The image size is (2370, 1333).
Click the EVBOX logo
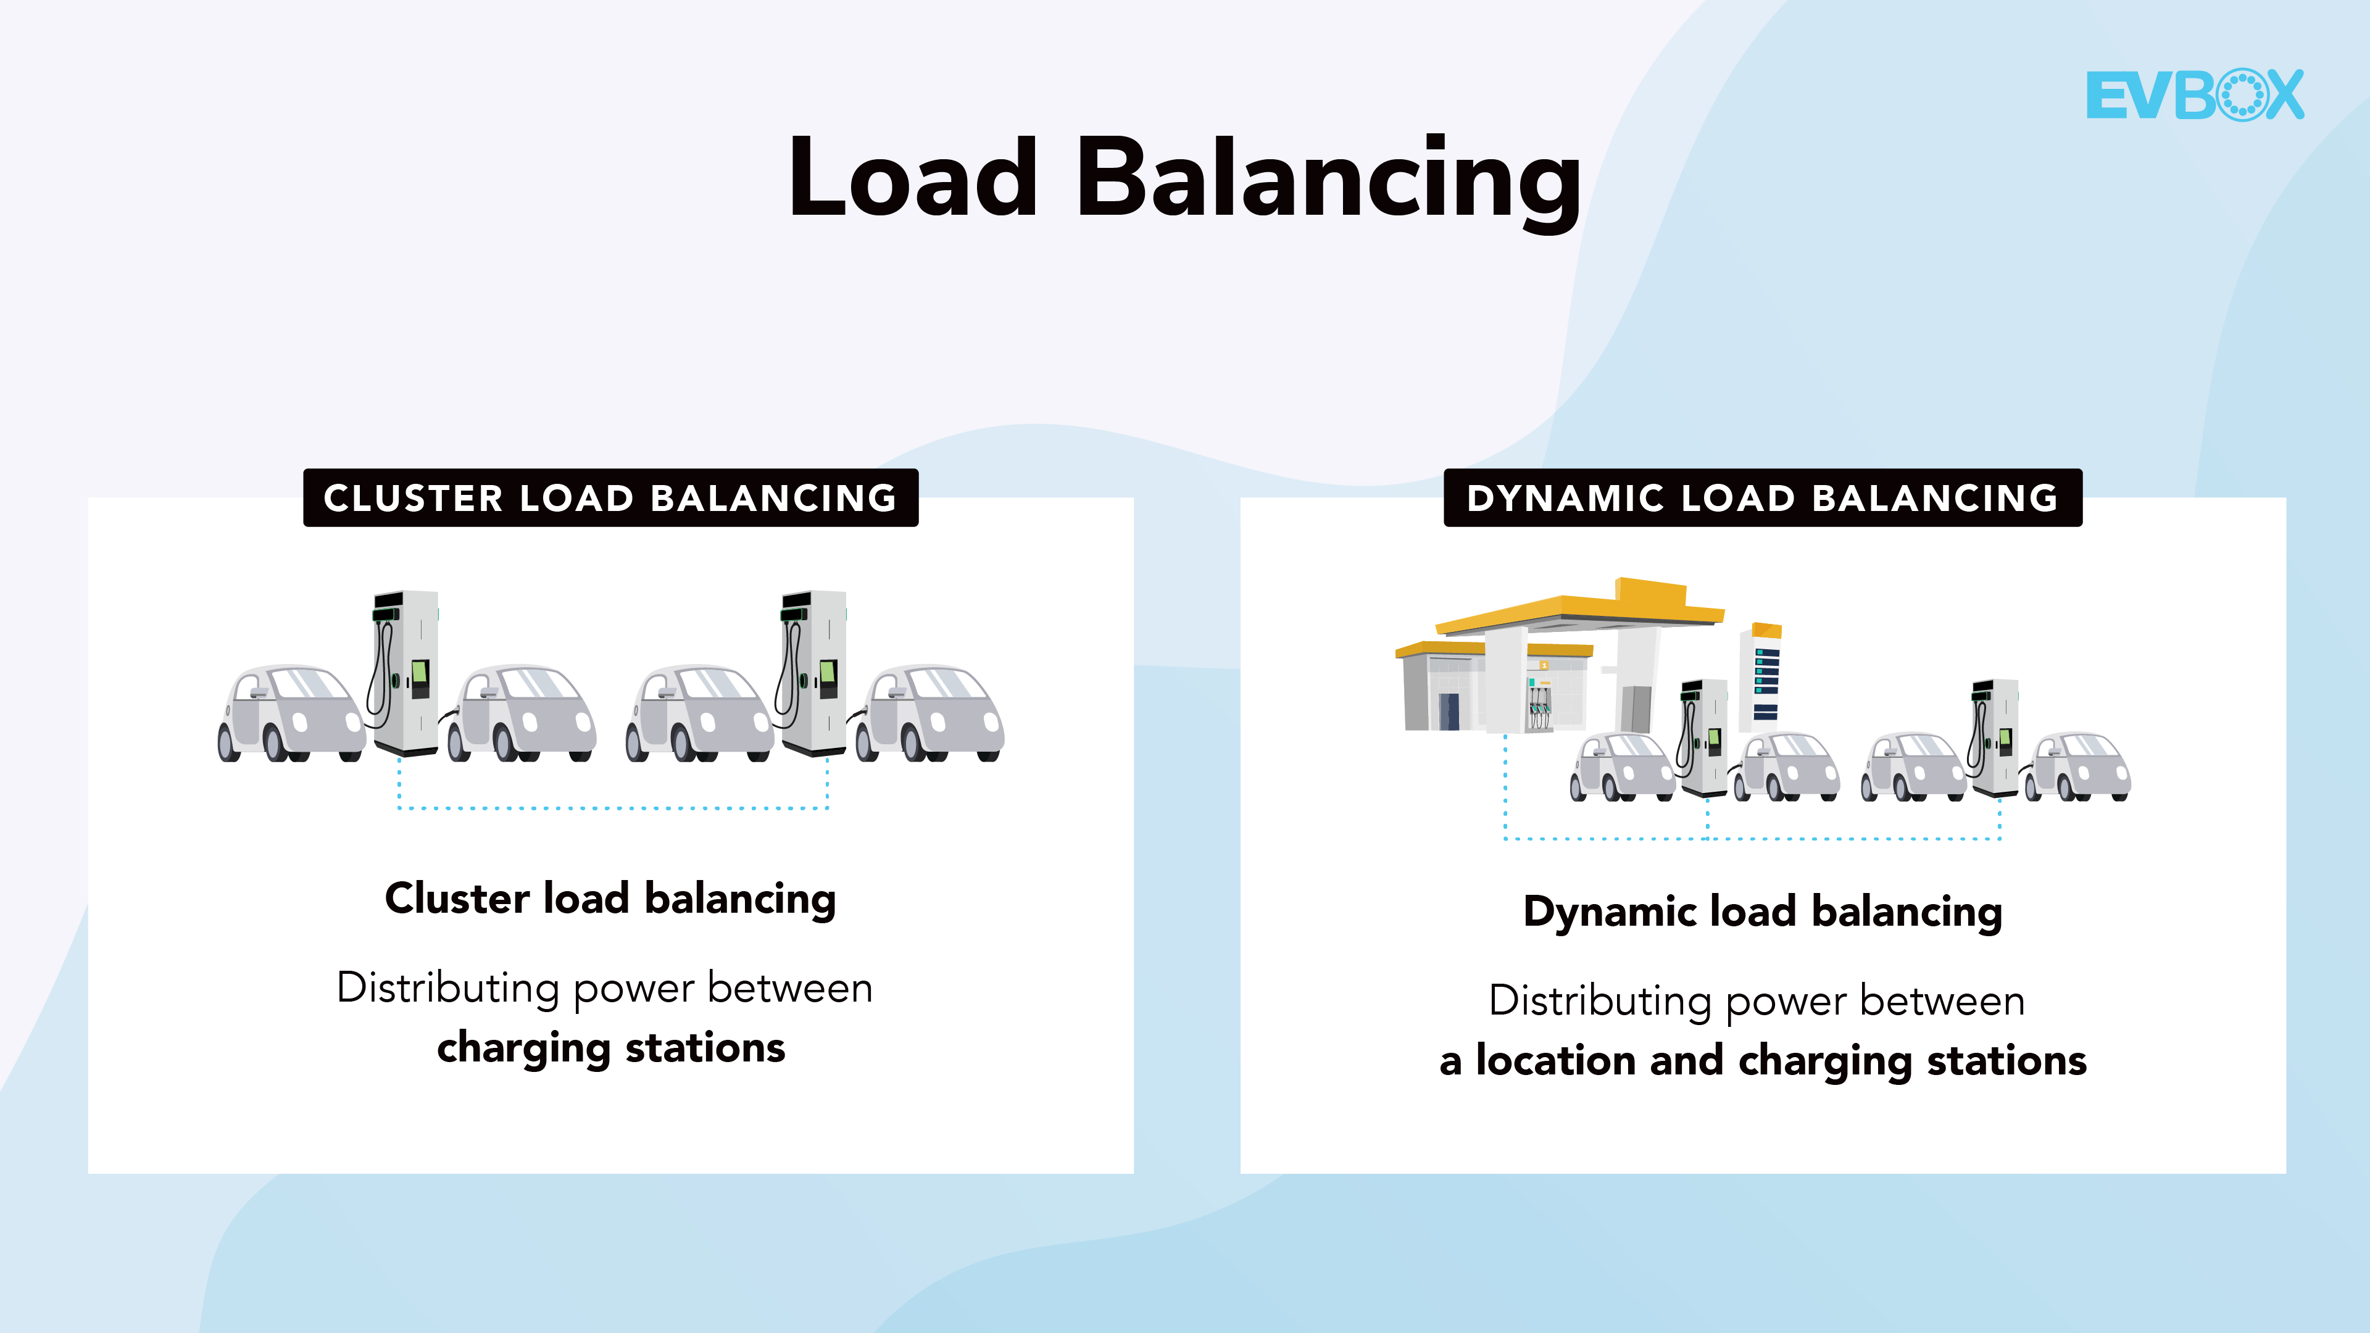coord(2194,95)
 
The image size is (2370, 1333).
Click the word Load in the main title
coord(913,178)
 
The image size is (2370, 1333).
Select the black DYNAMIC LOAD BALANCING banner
coord(1762,497)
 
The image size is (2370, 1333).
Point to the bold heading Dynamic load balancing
coord(1762,912)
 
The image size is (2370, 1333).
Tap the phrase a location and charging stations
coord(1762,1061)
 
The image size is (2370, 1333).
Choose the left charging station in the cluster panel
coord(405,671)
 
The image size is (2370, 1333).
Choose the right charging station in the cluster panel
coord(813,671)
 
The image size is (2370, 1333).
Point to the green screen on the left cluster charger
coord(420,675)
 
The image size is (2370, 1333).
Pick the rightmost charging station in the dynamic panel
coord(1995,736)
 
